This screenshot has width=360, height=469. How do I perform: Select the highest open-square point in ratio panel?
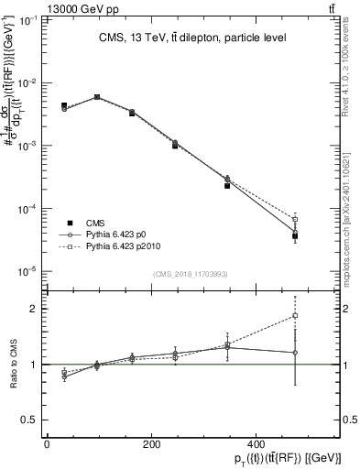pyautogui.click(x=295, y=316)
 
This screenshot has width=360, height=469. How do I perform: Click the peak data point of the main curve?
pyautogui.click(x=97, y=96)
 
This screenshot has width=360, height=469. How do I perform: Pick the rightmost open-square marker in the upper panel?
pyautogui.click(x=295, y=220)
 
